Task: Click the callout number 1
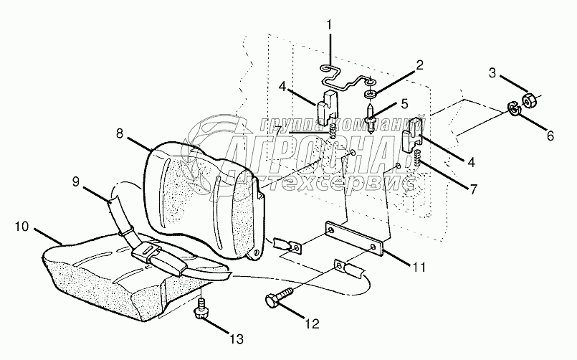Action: point(329,26)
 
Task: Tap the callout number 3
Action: point(492,72)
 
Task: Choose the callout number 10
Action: point(22,227)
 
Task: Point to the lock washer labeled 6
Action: point(513,108)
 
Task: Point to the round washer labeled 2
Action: point(371,94)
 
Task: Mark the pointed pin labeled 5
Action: point(371,119)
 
